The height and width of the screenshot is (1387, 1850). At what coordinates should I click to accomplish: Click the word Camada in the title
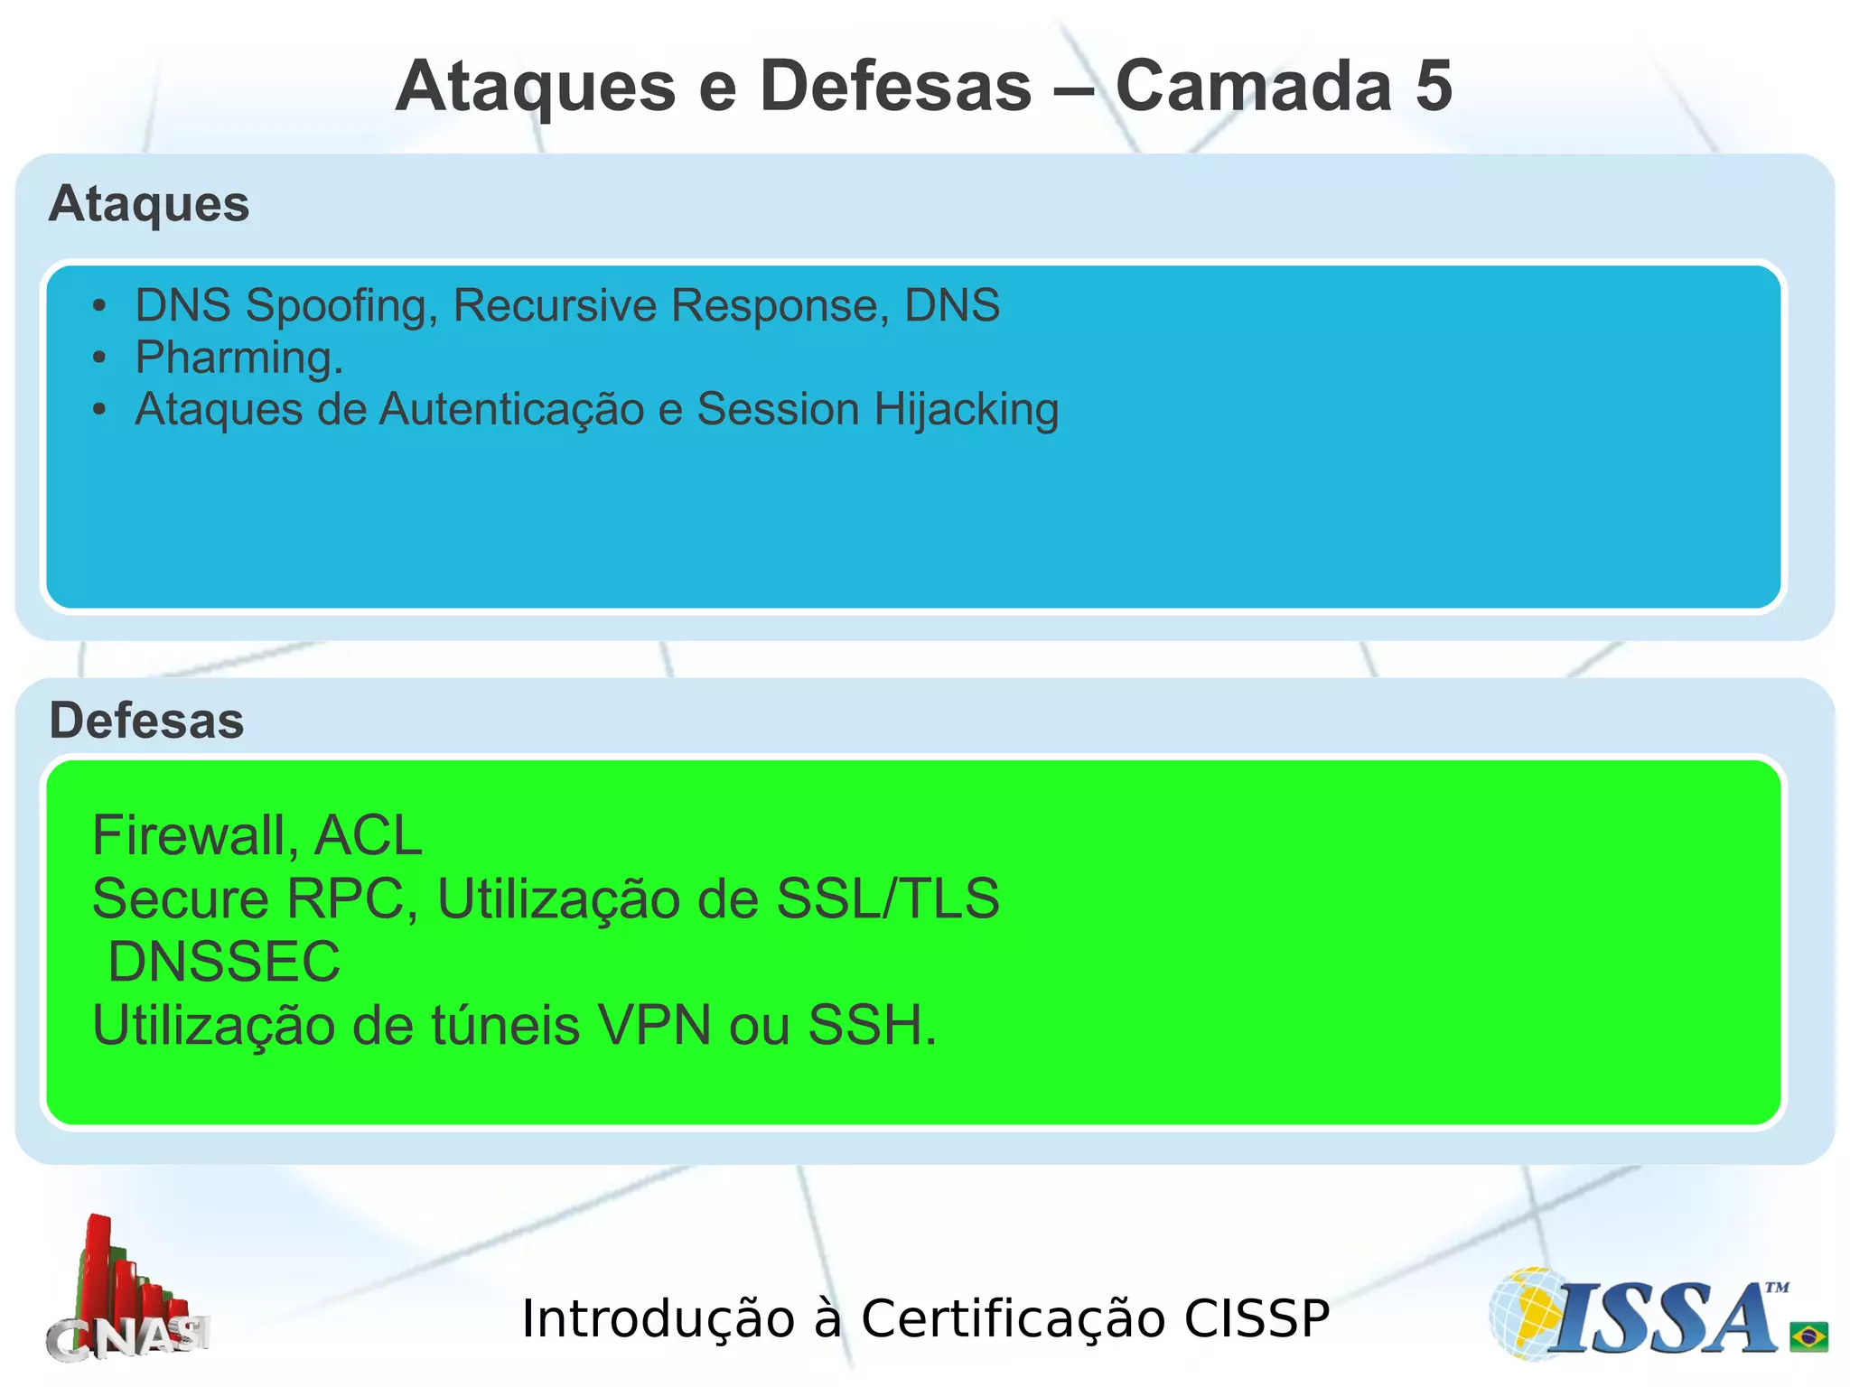coord(1254,87)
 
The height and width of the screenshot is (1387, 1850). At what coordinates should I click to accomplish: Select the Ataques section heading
coord(149,204)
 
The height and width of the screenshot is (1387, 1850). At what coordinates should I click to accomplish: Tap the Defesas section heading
coord(146,721)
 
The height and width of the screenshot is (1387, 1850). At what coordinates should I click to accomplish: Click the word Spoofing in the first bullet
coord(341,305)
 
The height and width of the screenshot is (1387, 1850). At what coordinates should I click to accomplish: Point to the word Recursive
coord(555,305)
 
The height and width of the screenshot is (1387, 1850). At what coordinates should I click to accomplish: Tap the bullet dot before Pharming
coord(99,358)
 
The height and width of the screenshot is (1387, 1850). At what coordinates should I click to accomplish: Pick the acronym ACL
coord(368,835)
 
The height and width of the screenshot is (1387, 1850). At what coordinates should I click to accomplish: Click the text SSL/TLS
coord(888,898)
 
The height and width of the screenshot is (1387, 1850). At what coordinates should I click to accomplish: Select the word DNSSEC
coord(224,962)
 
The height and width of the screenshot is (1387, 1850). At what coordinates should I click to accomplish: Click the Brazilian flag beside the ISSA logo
coord(1808,1336)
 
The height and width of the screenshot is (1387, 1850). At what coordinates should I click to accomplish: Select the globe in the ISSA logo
coord(1527,1314)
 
